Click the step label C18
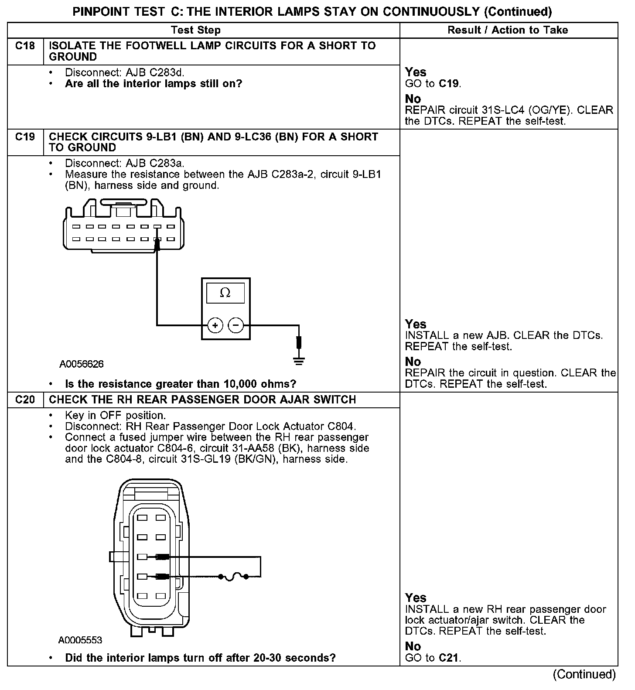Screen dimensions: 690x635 point(25,46)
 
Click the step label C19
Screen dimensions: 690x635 point(25,137)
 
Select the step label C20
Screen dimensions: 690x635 point(25,400)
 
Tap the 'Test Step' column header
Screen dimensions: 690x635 point(196,30)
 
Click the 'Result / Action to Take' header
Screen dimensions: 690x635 point(508,30)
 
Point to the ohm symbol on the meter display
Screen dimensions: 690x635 point(225,293)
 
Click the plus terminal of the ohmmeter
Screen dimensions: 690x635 point(215,325)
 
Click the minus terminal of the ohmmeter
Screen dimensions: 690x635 point(236,325)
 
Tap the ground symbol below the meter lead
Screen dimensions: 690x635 point(299,360)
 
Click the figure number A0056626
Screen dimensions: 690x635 point(82,364)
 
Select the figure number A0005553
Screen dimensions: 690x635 point(80,640)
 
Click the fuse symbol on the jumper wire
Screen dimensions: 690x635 point(233,577)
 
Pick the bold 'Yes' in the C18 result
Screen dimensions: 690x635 point(416,72)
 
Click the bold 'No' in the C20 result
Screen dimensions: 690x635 point(413,646)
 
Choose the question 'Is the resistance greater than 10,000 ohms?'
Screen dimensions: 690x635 point(181,384)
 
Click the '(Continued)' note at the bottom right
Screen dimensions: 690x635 point(584,674)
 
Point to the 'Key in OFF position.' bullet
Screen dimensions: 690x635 point(116,415)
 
